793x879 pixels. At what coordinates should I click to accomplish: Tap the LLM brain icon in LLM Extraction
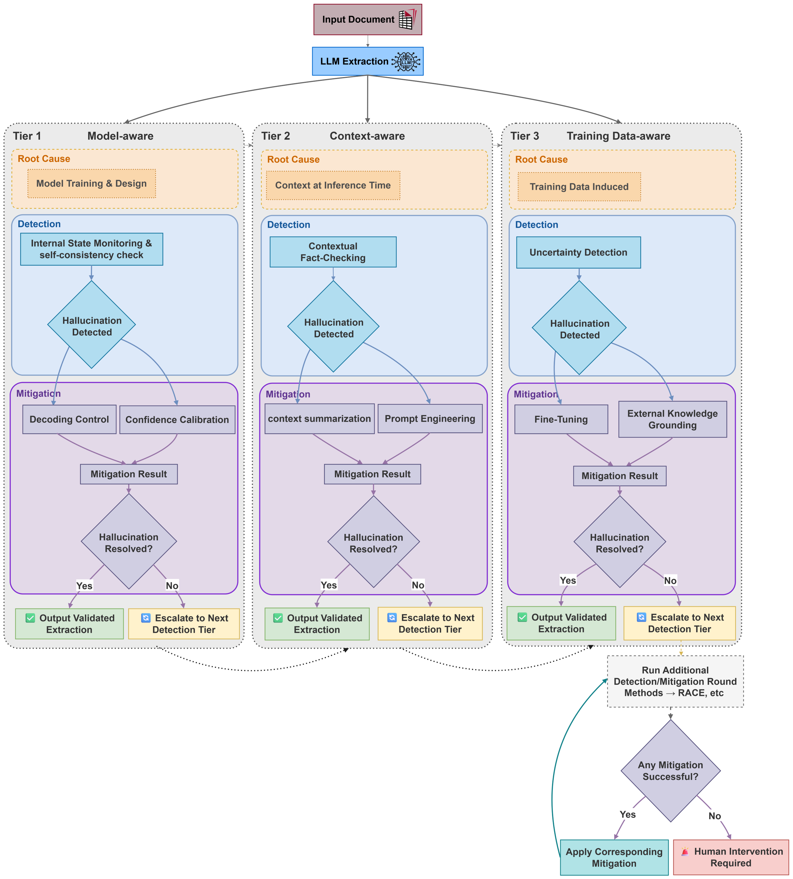[406, 62]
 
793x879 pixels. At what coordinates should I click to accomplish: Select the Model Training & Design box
[92, 184]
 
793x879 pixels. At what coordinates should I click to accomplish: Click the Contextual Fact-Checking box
[333, 252]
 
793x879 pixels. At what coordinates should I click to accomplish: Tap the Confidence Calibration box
[177, 420]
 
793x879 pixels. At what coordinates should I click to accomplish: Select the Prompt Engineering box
[430, 419]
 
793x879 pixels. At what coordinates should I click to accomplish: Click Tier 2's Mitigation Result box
[372, 474]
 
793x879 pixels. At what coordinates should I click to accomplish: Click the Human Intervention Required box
[731, 857]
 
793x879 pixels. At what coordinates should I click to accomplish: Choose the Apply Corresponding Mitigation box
[614, 857]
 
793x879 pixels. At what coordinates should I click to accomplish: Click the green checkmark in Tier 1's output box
[30, 618]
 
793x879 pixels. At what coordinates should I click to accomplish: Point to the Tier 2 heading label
[275, 136]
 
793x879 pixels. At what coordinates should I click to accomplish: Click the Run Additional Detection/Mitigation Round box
[675, 681]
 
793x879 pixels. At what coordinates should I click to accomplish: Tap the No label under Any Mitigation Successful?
[714, 816]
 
